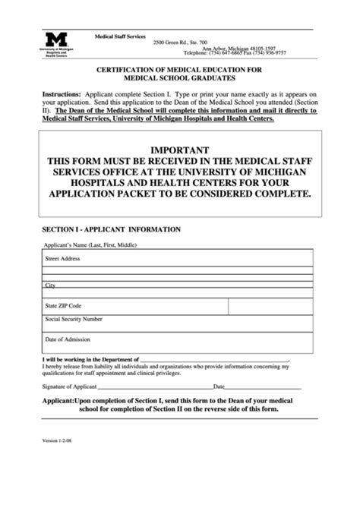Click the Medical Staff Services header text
coord(119,36)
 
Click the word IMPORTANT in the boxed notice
coord(180,150)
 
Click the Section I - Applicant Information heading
coord(111,229)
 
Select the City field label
coord(50,286)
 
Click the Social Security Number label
coord(74,319)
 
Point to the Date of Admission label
coord(68,339)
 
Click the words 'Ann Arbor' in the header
coord(217,49)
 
